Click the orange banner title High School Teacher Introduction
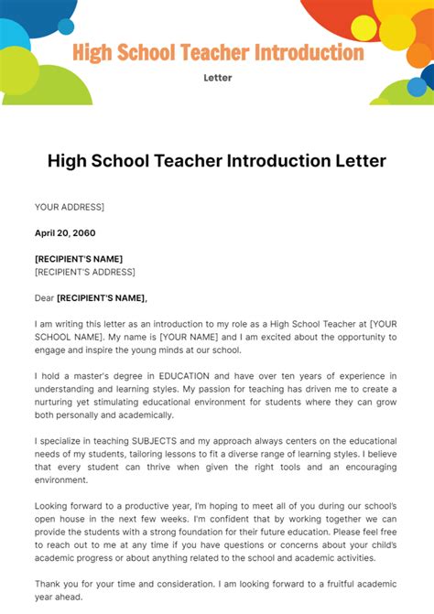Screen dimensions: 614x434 coord(217,52)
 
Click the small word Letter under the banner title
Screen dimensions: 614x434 coord(217,78)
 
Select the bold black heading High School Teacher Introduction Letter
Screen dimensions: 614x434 coord(217,161)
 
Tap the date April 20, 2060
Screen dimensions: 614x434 coord(65,233)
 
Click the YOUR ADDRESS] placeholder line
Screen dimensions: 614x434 coord(70,208)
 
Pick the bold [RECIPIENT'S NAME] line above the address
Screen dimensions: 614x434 coord(79,259)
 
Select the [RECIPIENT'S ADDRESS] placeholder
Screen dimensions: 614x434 coord(85,272)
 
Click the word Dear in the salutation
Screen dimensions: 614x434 coord(44,297)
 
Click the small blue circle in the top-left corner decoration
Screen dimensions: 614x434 coord(66,27)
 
